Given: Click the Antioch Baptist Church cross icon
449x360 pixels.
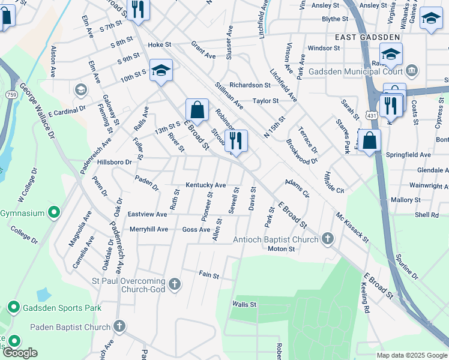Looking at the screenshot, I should point(327,239).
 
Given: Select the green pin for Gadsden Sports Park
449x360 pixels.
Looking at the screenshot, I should point(13,308).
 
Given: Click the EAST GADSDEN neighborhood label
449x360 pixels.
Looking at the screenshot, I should point(359,37).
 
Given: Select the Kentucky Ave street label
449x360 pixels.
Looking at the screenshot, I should point(205,185).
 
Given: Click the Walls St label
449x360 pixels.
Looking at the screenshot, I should point(244,305).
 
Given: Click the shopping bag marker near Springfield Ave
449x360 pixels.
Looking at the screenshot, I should point(371,140).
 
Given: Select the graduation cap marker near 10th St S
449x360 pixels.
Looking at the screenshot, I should point(161,70).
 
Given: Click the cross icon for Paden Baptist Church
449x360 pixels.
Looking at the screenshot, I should point(119,326).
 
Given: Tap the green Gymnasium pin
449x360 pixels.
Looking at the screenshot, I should point(53,213).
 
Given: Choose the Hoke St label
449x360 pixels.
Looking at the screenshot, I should point(160,45).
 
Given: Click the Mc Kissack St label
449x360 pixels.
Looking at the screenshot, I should point(352,227).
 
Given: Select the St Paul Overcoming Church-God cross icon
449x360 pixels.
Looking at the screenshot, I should point(175,284).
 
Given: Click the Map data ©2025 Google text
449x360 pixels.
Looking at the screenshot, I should point(412,355).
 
